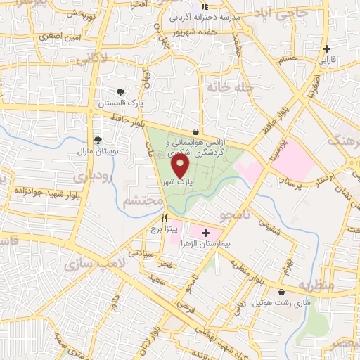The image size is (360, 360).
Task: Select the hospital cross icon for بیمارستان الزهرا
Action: [x=205, y=232]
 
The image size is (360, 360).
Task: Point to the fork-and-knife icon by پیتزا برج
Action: [x=164, y=219]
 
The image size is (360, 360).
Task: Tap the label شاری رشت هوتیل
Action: [x=281, y=303]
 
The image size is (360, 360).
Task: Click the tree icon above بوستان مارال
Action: [x=98, y=140]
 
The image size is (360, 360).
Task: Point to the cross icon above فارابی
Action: [x=326, y=49]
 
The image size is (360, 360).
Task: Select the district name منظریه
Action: [x=314, y=286]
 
